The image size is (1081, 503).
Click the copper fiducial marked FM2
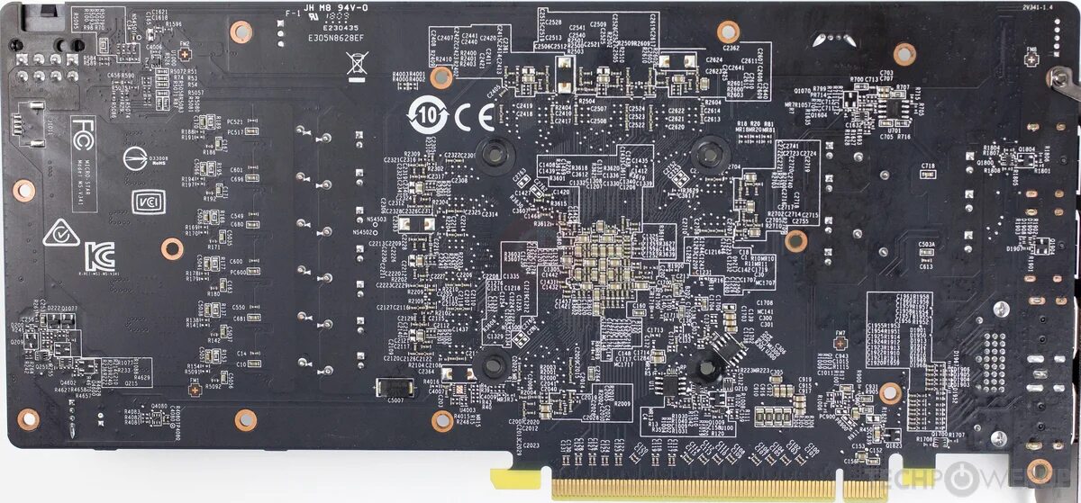(x=184, y=52)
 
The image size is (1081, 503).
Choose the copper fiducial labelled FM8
(x=1031, y=58)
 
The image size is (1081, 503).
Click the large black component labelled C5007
(x=394, y=388)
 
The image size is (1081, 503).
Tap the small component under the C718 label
(x=927, y=175)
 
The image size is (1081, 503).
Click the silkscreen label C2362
(x=731, y=49)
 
